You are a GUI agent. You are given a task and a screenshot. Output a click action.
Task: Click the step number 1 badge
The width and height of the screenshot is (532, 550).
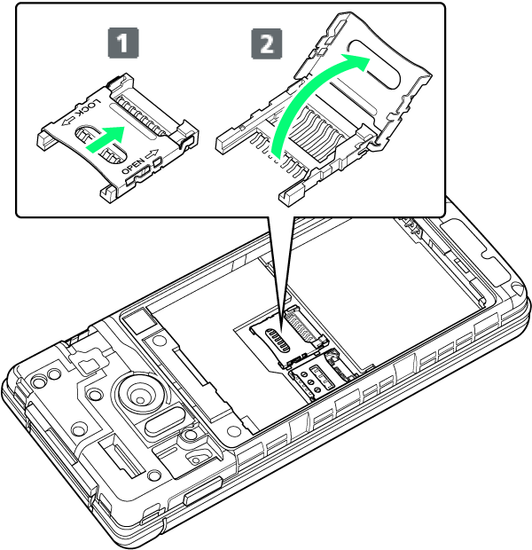point(123,43)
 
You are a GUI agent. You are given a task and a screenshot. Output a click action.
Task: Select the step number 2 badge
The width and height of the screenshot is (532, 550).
point(267,43)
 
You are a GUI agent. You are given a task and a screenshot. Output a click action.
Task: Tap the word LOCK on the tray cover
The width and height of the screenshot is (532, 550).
point(89,109)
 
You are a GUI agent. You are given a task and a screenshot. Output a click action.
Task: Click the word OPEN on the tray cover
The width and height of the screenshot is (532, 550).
point(133,166)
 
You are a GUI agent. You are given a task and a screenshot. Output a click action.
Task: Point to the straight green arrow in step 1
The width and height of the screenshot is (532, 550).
point(106,139)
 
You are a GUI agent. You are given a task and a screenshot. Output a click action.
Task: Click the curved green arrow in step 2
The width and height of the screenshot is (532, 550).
point(301,95)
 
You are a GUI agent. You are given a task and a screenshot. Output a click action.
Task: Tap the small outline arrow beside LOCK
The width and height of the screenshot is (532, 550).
point(68,122)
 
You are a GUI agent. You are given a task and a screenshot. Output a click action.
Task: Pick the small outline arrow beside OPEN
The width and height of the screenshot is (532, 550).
point(153,154)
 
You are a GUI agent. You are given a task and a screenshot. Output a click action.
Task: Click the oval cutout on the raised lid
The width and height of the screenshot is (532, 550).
point(375,64)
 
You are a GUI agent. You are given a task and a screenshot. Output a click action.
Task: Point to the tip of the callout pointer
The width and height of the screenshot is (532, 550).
point(282,331)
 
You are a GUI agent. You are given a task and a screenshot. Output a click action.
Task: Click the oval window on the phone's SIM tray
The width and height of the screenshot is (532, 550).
point(278,341)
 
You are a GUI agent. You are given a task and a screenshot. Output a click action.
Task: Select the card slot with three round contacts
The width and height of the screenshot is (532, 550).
point(311,381)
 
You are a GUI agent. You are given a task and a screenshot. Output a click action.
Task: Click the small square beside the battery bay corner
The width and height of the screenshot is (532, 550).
point(136,320)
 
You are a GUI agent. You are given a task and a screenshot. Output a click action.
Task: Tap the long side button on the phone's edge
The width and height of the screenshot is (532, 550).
point(203,491)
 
